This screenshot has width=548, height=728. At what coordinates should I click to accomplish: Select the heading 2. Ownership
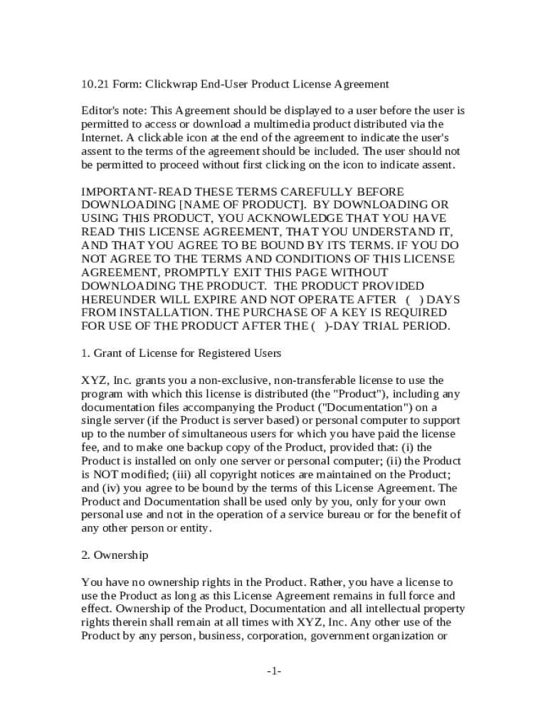point(115,555)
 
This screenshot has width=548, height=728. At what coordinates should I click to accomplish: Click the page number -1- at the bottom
point(274,671)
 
